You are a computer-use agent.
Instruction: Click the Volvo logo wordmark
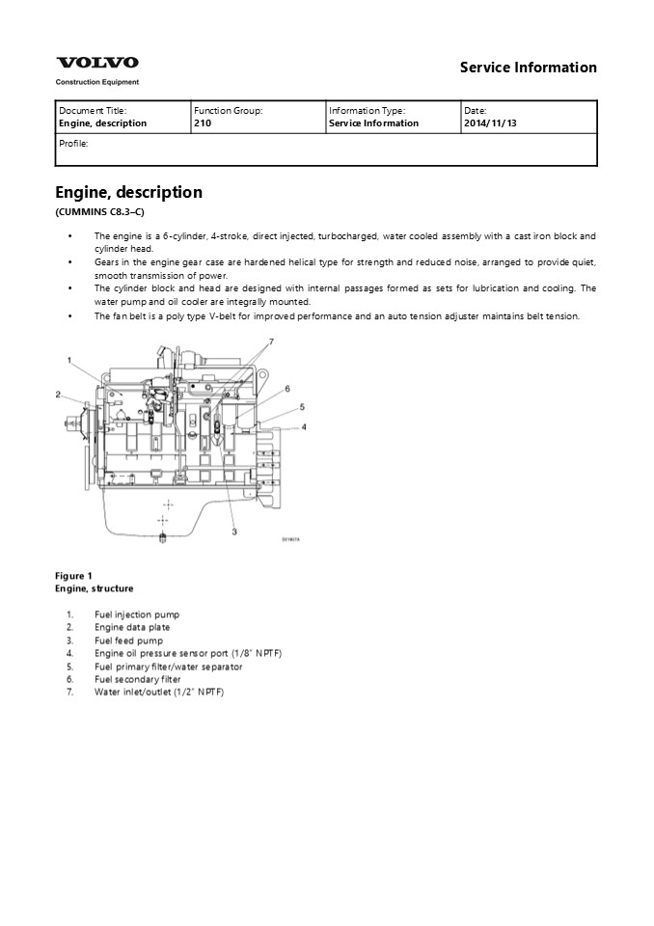pos(96,63)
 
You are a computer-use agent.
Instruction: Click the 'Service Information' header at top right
pos(528,68)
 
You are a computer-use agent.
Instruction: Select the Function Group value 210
pos(203,123)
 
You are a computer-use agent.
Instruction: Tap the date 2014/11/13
pos(490,123)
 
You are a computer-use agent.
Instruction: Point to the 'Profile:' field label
pos(73,143)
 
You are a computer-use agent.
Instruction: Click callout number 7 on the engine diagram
pos(271,342)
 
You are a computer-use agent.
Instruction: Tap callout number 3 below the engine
pos(234,531)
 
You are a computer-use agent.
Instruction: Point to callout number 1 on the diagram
pos(69,360)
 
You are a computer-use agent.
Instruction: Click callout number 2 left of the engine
pos(58,394)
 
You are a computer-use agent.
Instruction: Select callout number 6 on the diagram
pos(286,388)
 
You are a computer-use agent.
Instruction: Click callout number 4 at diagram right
pos(303,426)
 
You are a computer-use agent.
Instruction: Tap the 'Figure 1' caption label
pos(73,576)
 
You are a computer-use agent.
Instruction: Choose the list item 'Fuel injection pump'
pos(136,614)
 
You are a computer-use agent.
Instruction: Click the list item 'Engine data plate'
pos(132,627)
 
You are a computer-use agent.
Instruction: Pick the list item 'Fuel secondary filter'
pos(137,679)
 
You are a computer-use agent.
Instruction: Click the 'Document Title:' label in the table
pos(93,111)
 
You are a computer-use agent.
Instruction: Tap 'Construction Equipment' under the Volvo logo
pos(96,83)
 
